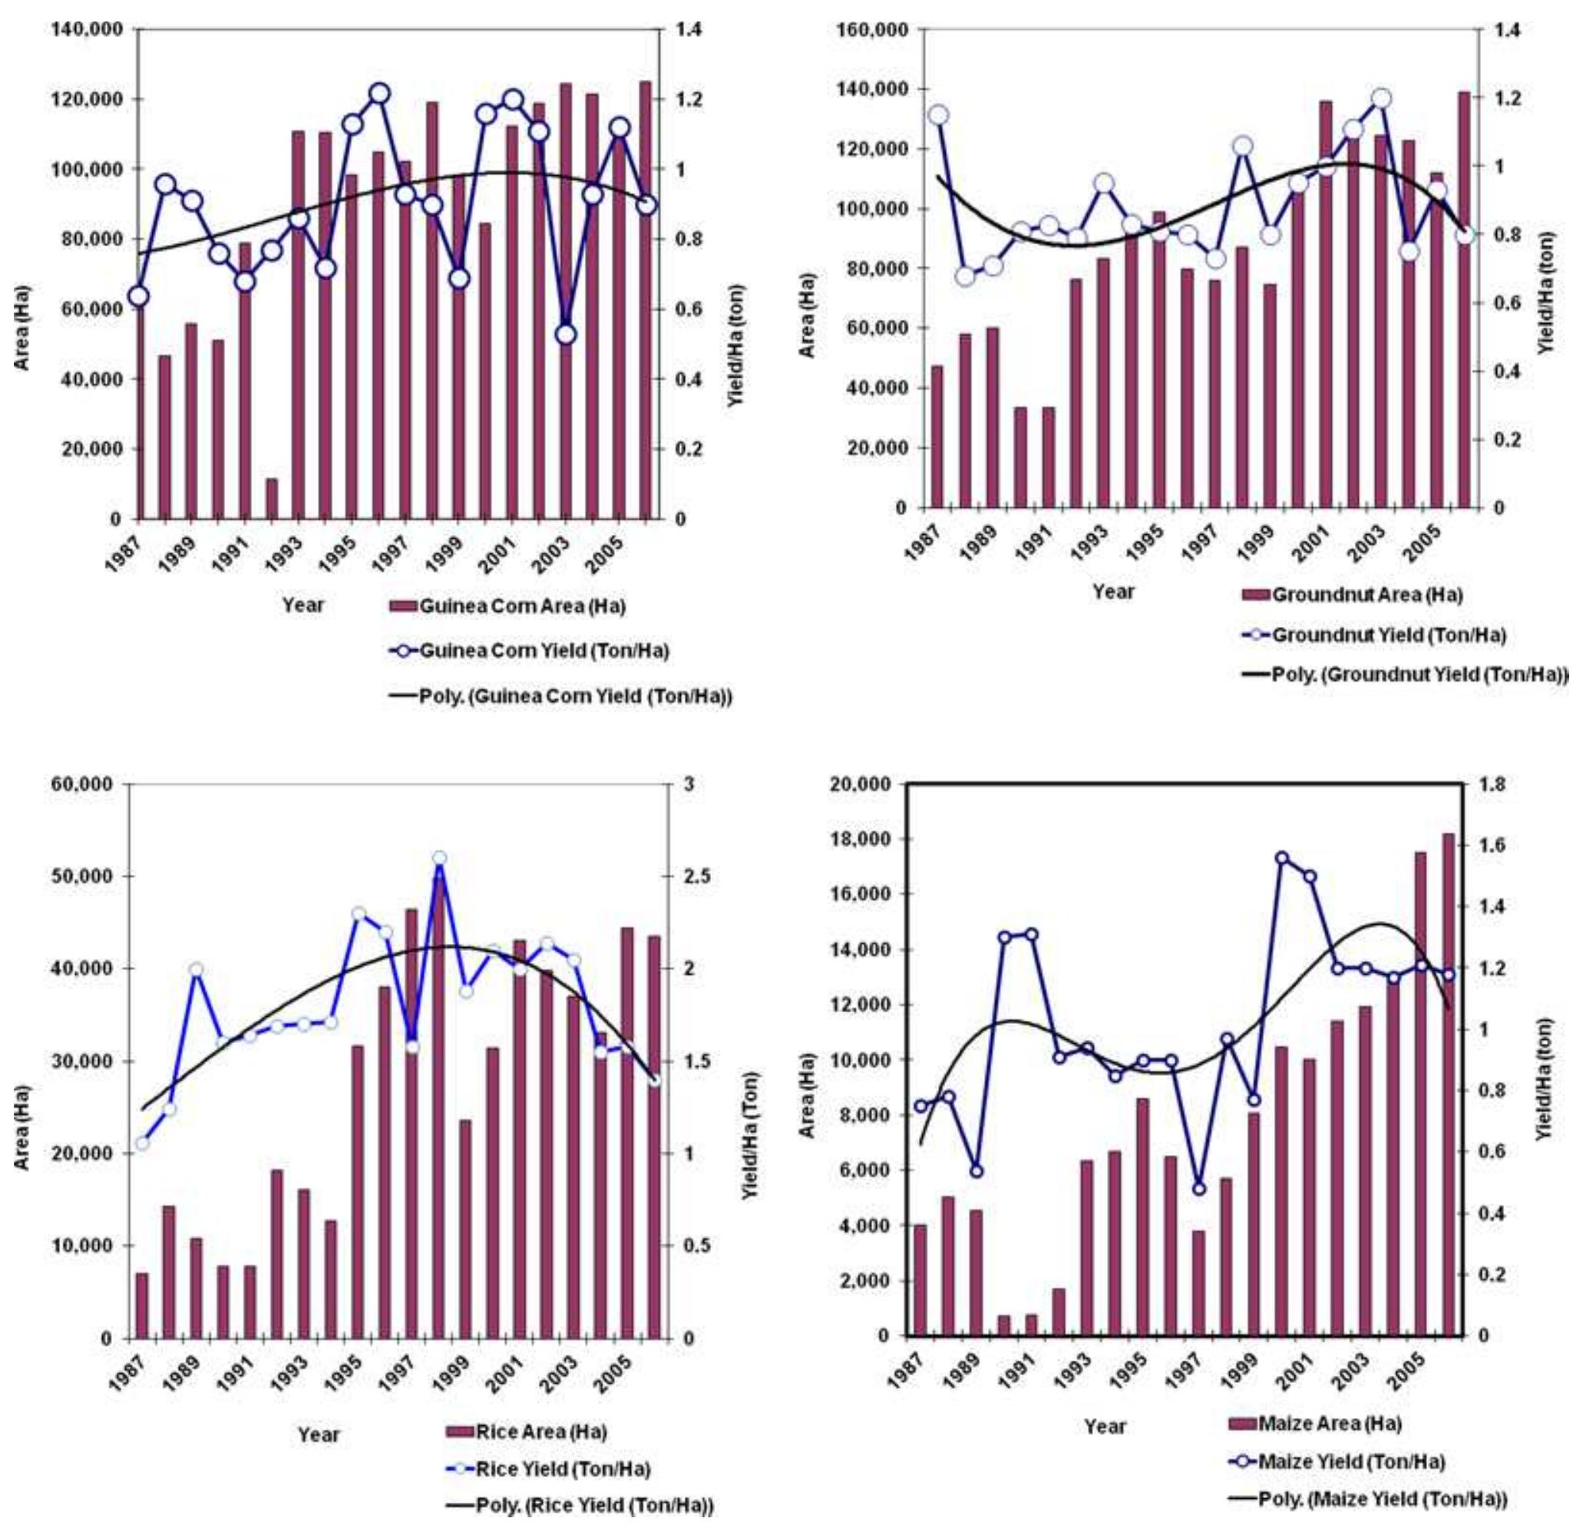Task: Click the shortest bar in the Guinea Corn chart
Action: click(x=272, y=498)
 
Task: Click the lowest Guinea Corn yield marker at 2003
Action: click(x=566, y=334)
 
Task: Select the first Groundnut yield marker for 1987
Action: click(x=938, y=114)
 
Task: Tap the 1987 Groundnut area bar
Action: click(x=937, y=436)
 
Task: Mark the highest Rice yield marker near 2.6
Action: click(x=439, y=859)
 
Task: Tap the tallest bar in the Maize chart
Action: click(x=1449, y=1084)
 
